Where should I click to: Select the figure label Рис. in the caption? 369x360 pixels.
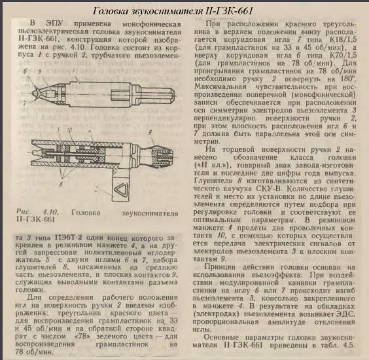pos(23,213)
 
